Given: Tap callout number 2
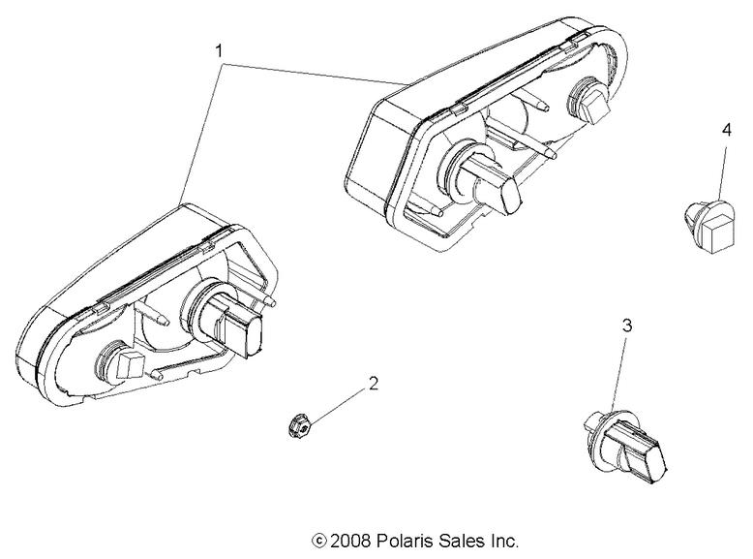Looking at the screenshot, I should click(x=372, y=384).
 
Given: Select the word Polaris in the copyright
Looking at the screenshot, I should click(x=405, y=541).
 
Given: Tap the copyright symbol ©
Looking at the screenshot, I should click(x=318, y=541).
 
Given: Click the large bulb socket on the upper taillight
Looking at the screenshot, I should click(x=483, y=179).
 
